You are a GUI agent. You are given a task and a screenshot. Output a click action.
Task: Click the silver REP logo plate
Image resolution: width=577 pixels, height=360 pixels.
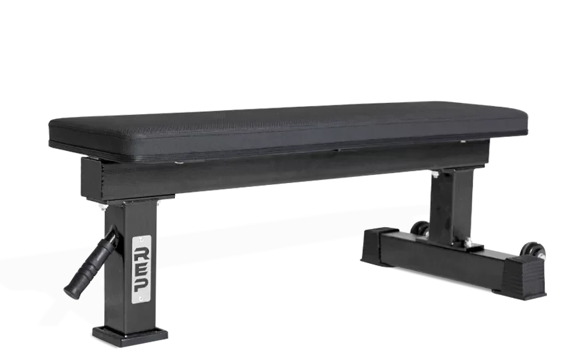click(142, 267)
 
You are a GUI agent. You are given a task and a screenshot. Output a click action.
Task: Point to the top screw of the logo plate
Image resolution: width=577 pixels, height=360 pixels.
click(142, 238)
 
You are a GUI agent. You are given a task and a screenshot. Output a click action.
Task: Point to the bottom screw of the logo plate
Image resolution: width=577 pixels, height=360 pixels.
click(142, 299)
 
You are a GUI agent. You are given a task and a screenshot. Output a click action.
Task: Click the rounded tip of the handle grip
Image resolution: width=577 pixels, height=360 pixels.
click(68, 289)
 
